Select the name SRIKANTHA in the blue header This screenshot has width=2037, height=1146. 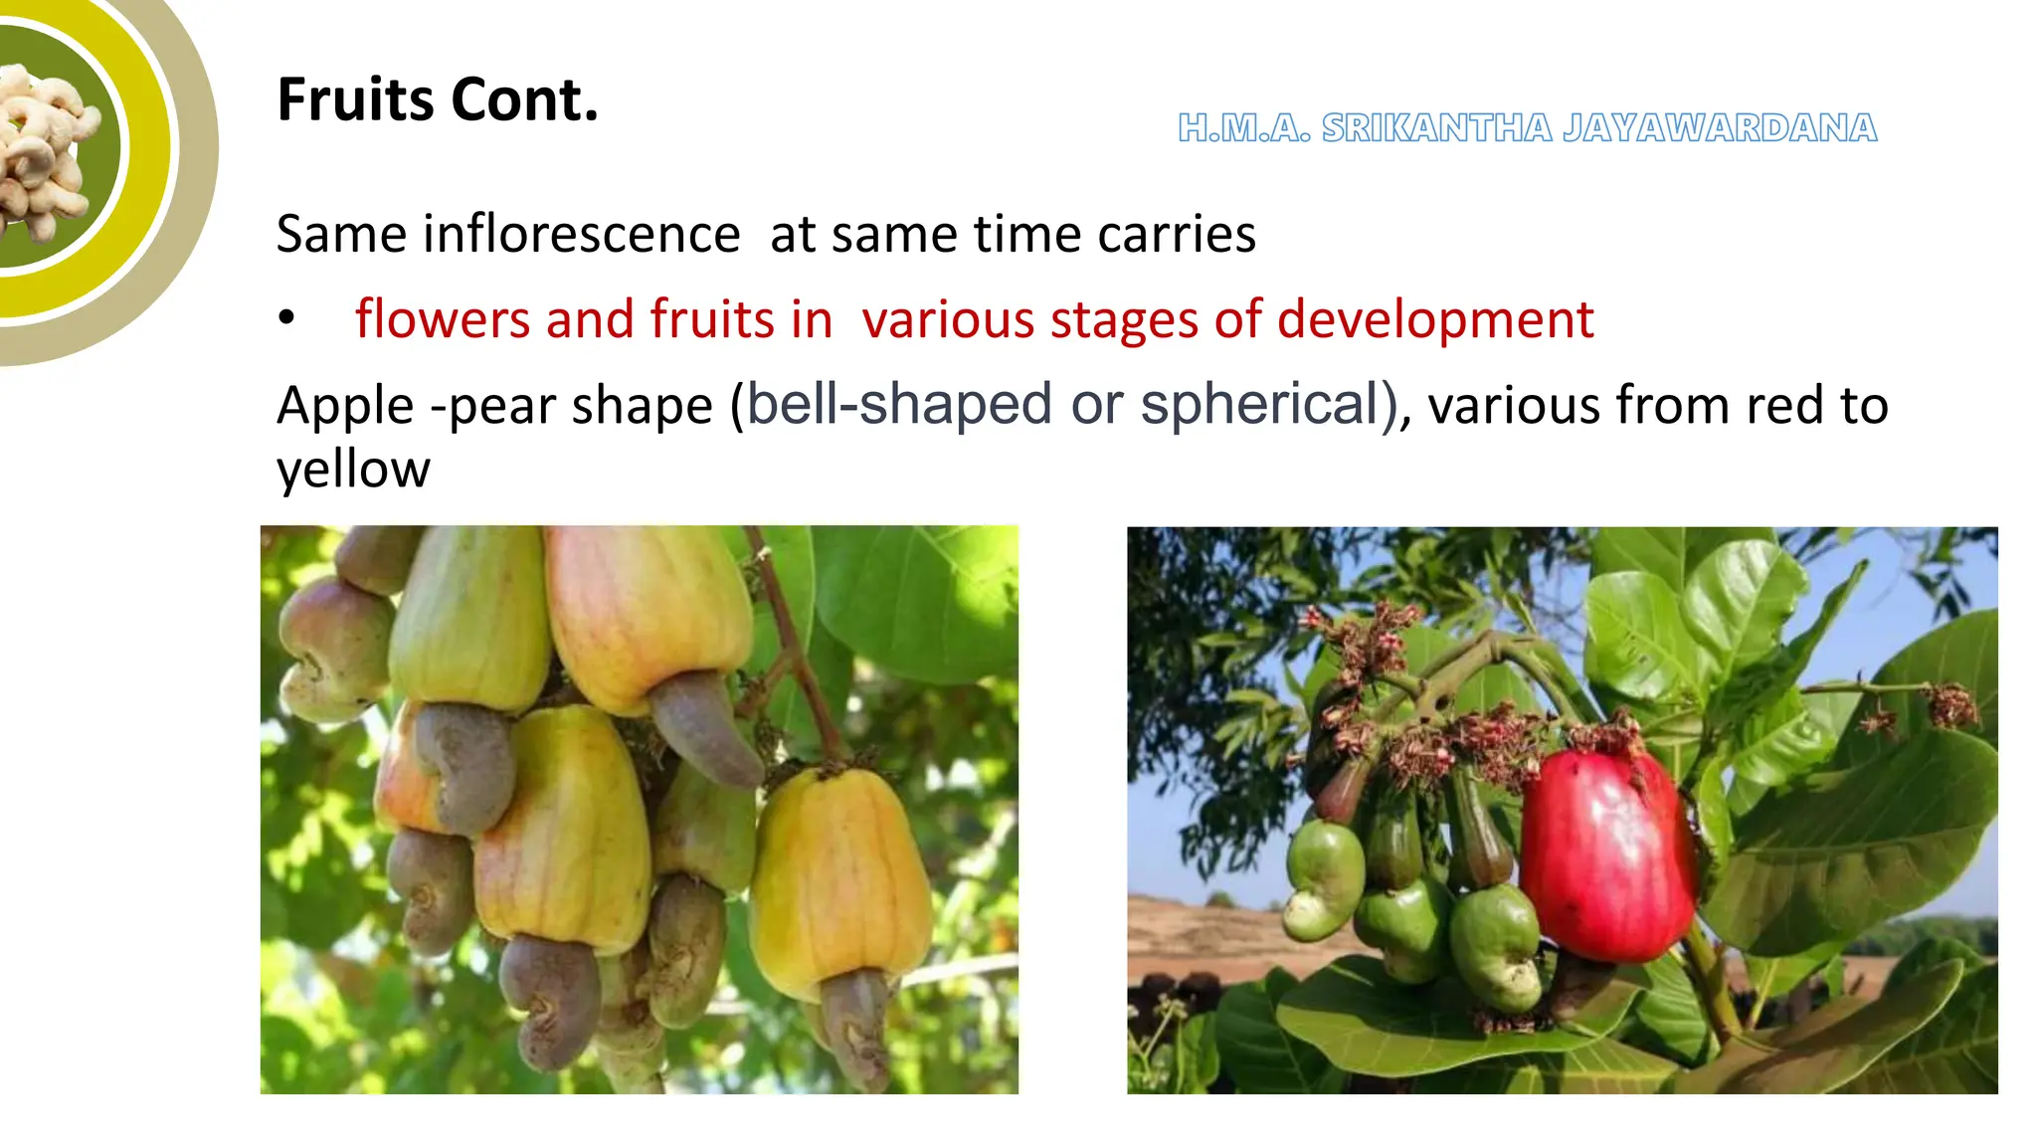coord(1436,128)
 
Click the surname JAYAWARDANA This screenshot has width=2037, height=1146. coord(1720,128)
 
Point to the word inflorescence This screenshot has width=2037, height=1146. coord(581,235)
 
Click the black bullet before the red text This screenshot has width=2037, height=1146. coord(286,318)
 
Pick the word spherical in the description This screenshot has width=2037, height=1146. coord(1258,405)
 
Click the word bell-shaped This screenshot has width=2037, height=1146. coord(899,405)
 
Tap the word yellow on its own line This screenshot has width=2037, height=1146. coord(353,470)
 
